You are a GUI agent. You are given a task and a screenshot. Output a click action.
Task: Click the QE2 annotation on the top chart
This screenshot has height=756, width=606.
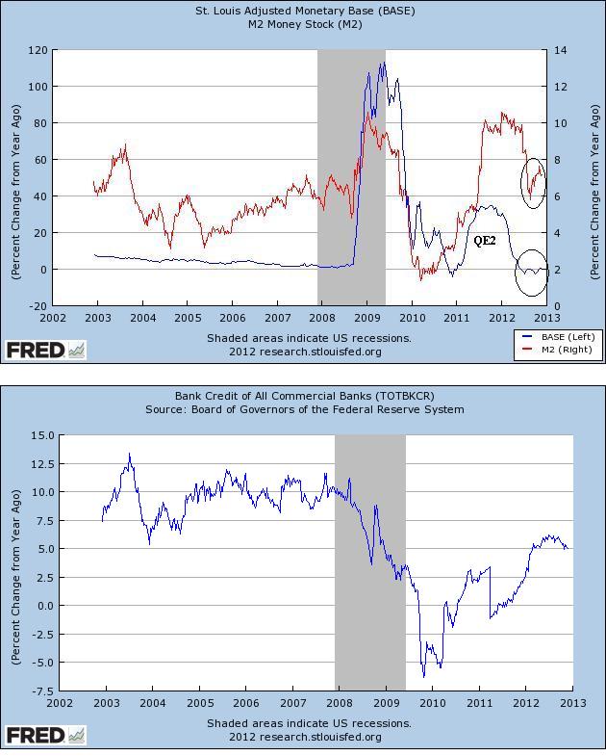click(484, 240)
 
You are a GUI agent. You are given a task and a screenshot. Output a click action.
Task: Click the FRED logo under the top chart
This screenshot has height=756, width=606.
click(45, 350)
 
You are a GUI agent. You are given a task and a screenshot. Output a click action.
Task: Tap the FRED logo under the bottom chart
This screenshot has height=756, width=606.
click(45, 736)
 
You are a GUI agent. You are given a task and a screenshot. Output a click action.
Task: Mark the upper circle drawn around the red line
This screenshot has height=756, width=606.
click(534, 182)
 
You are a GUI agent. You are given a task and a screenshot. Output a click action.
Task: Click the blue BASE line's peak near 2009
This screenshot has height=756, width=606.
click(383, 64)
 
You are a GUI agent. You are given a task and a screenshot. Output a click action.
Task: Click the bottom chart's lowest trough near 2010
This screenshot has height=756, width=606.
click(423, 675)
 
